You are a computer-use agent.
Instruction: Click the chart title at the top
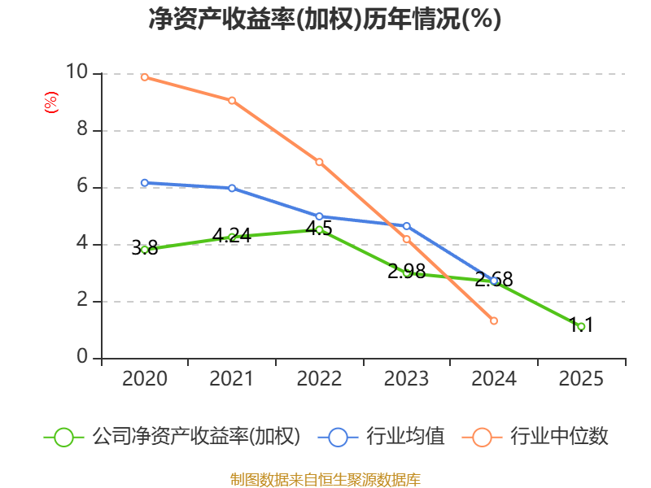(325, 19)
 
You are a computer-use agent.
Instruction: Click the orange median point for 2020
(145, 77)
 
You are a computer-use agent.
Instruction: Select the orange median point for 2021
(232, 101)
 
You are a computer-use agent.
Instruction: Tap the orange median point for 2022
(319, 162)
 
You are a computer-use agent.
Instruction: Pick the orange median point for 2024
(494, 321)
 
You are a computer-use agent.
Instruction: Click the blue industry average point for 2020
(145, 183)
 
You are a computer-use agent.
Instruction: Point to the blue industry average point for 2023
(407, 226)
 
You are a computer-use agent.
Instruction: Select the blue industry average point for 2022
(319, 216)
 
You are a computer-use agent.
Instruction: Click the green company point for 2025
(581, 326)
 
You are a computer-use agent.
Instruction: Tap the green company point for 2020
(145, 250)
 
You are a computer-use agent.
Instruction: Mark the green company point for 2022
(319, 229)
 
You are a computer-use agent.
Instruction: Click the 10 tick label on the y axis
(76, 72)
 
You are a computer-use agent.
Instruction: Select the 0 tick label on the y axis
(82, 357)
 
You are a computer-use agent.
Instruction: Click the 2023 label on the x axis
(407, 379)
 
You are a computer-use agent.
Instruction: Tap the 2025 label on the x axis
(581, 379)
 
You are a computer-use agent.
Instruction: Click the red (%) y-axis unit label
(50, 102)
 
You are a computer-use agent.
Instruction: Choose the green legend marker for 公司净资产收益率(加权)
(64, 437)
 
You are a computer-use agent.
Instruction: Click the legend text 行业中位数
(559, 437)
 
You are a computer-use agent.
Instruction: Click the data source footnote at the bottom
(325, 479)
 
